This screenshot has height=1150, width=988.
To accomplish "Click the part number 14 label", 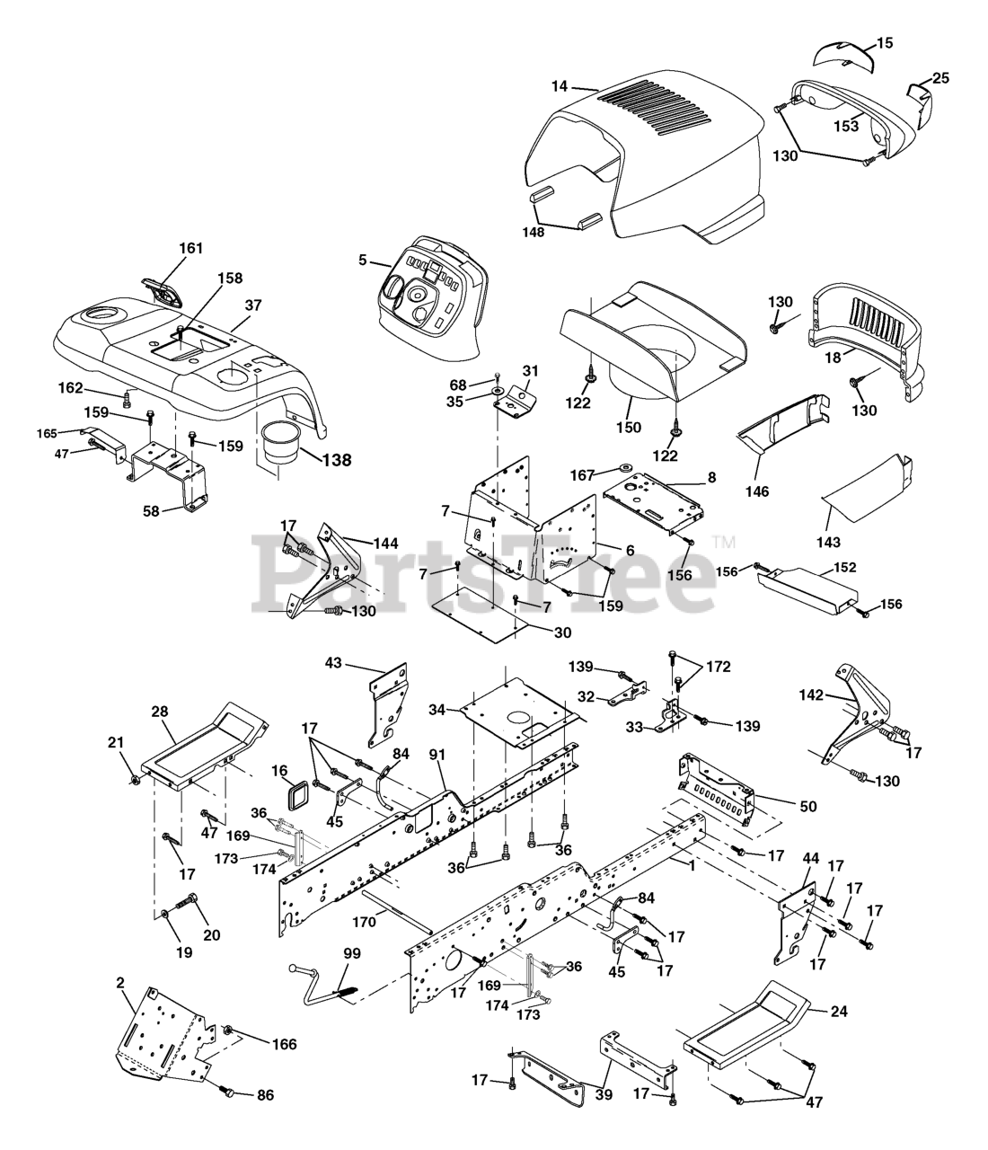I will tap(560, 87).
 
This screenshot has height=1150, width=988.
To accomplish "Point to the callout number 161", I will tap(191, 248).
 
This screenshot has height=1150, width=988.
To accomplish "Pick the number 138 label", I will tap(337, 459).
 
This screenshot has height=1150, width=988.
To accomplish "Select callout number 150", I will tap(630, 427).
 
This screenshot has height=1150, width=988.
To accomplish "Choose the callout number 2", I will tap(119, 983).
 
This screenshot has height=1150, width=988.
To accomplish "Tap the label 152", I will tap(844, 567).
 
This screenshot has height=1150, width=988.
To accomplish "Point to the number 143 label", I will tap(828, 542).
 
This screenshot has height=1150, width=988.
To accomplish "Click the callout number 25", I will tap(939, 78).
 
